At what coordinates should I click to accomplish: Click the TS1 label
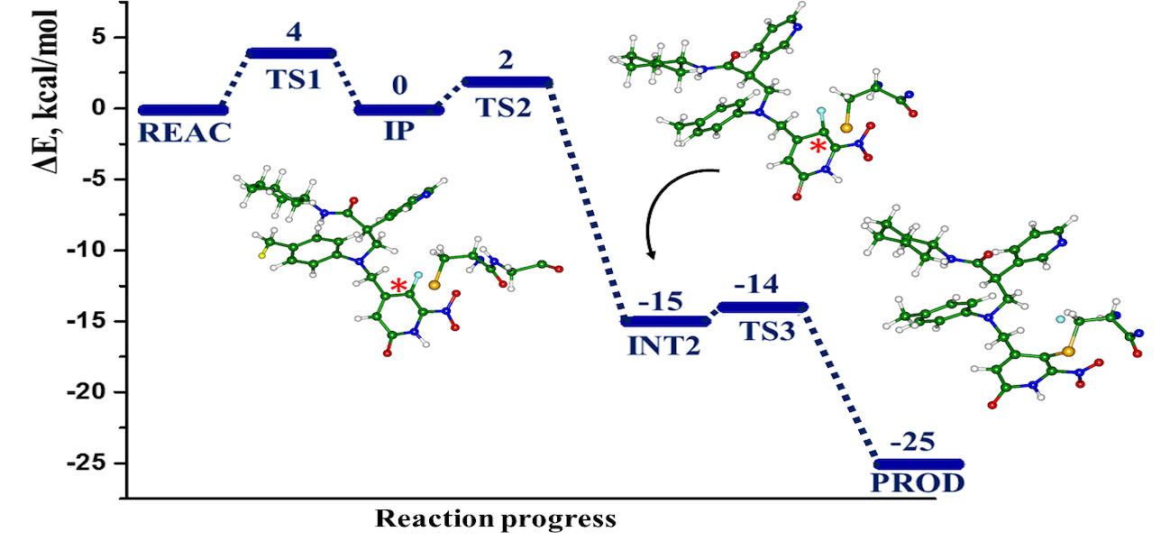tap(293, 79)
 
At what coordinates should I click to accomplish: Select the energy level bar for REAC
tap(184, 110)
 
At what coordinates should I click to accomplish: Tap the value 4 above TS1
tap(293, 32)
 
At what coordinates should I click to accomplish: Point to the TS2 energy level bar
tap(507, 82)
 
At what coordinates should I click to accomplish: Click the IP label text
tap(399, 131)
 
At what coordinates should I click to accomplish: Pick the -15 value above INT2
tap(661, 301)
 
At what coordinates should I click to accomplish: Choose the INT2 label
tap(664, 345)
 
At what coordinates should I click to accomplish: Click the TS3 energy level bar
tap(763, 307)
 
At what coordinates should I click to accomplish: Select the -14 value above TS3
tap(755, 284)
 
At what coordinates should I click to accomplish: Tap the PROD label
tap(918, 482)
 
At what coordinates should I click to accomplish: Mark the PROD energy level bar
tap(919, 463)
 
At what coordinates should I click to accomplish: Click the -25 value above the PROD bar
tap(913, 442)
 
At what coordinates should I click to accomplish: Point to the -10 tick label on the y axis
tap(88, 250)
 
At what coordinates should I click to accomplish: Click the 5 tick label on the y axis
tap(100, 37)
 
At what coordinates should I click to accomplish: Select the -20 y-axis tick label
tap(88, 392)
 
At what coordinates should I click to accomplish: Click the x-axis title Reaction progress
tap(496, 519)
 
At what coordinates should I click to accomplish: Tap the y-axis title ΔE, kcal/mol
tap(44, 92)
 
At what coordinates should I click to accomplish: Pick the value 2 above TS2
tap(506, 60)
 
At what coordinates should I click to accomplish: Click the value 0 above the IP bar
tap(399, 86)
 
